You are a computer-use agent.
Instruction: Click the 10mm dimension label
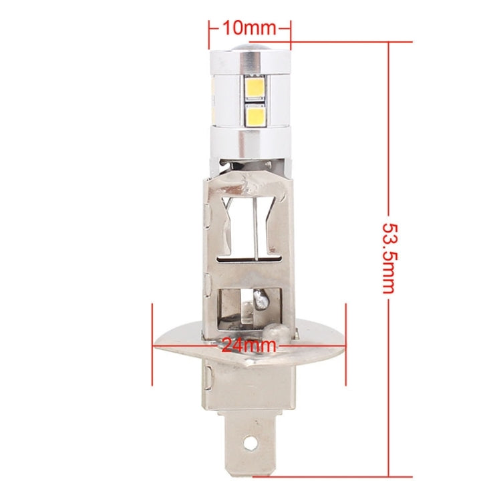249,28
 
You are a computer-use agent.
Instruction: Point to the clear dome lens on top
250,50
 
